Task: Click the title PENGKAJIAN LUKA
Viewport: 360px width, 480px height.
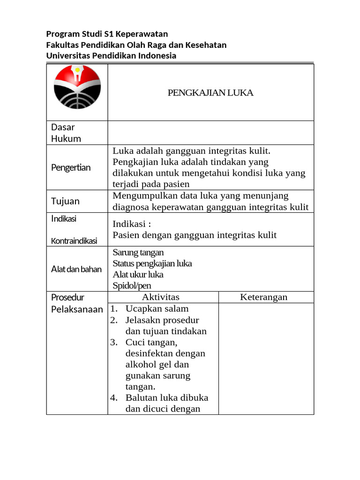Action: point(210,93)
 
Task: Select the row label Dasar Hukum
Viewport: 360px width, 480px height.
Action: point(66,133)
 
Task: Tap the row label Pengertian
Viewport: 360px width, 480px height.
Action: point(71,167)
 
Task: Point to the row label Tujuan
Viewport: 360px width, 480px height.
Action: point(65,201)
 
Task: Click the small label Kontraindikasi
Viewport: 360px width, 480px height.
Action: point(74,241)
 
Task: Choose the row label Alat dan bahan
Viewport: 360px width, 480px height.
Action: point(76,270)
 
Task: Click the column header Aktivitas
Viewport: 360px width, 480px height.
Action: point(160,297)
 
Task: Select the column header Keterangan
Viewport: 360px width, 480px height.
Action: point(264,297)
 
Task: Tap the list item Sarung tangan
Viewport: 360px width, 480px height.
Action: point(138,253)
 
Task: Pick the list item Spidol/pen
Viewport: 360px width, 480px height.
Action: point(132,285)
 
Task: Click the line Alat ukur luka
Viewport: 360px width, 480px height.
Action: point(138,275)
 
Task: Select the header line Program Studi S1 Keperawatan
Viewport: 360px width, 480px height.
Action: point(107,34)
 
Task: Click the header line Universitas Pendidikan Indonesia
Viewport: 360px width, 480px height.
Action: point(111,56)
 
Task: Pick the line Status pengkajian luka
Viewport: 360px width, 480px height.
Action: point(152,263)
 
